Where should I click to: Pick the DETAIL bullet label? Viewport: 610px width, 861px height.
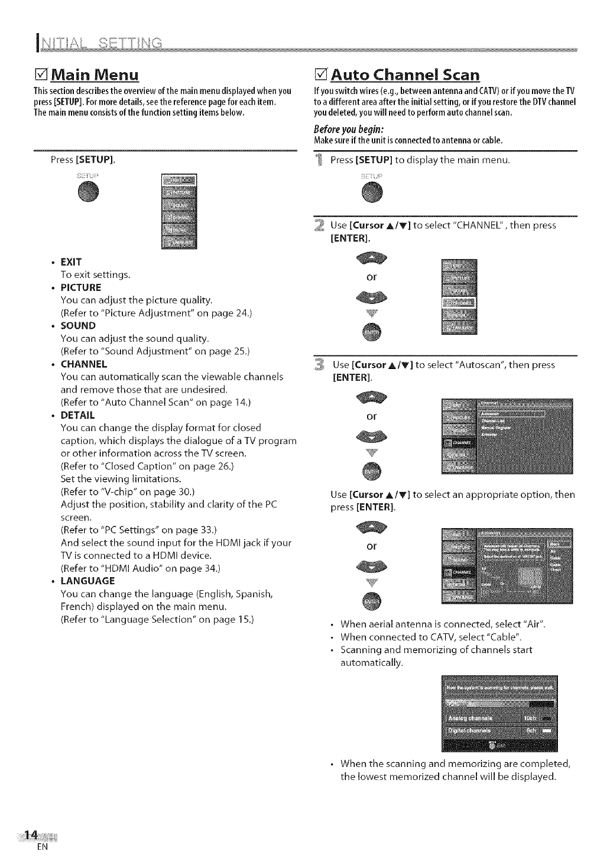[x=77, y=415]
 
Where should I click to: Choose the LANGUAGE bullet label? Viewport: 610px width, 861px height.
[x=88, y=581]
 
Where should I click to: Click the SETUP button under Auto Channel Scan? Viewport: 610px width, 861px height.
[x=372, y=193]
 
